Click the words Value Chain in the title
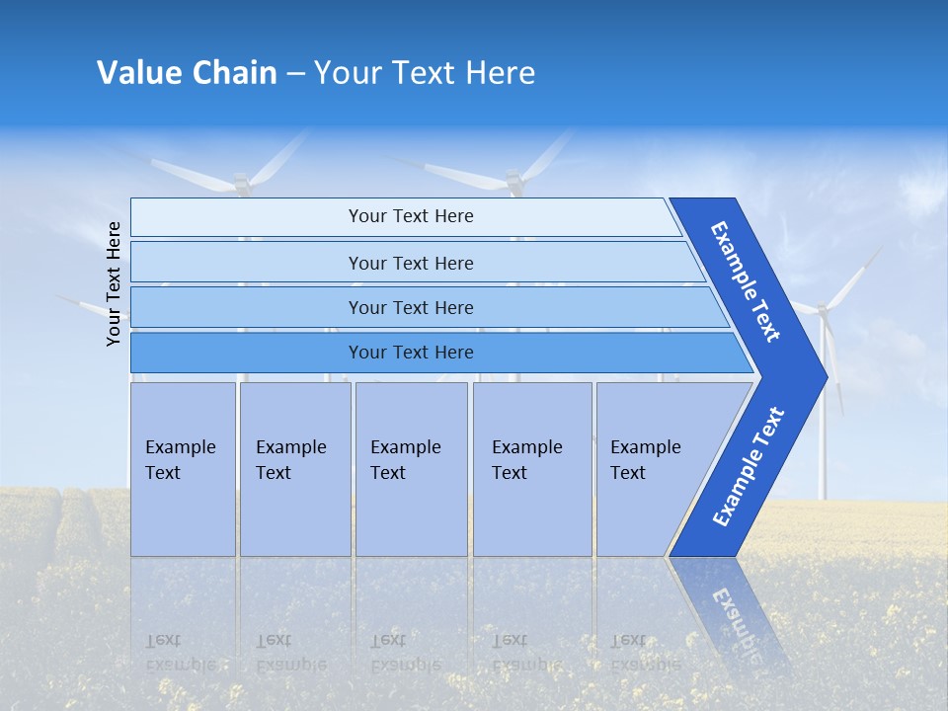[x=187, y=73]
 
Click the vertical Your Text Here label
[x=114, y=283]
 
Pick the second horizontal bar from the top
[x=410, y=263]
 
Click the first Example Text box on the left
[x=183, y=469]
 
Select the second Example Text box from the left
[x=294, y=469]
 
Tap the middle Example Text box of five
[x=411, y=469]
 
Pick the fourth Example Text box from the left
[x=532, y=469]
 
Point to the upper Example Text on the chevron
[x=746, y=281]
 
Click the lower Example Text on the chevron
[x=749, y=467]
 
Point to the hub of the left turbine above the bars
[x=241, y=183]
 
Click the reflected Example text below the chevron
[x=736, y=612]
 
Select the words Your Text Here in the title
[x=425, y=73]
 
